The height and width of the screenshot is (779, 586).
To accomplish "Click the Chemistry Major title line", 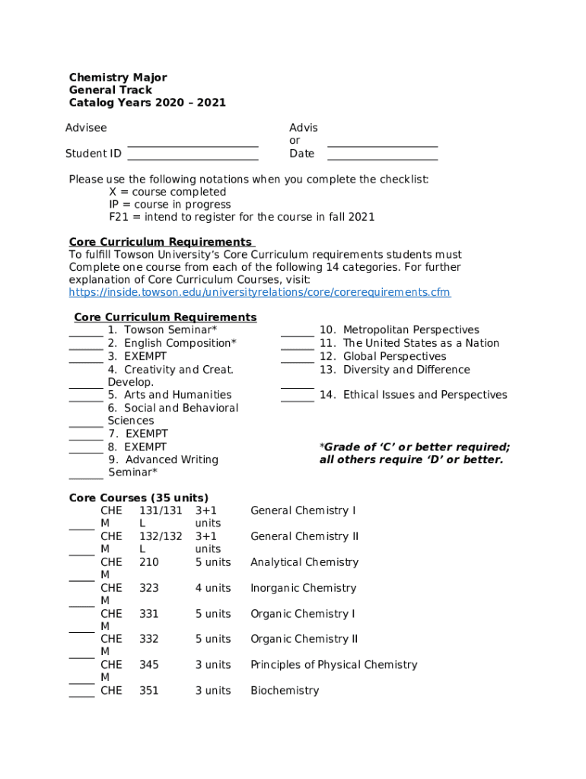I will click(118, 78).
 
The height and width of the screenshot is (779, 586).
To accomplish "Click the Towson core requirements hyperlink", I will click(260, 292).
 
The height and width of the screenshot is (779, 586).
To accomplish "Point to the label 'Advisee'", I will click(86, 128).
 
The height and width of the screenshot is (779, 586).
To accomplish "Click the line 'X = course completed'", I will click(167, 192).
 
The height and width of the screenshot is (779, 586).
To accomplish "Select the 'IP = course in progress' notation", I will click(170, 205).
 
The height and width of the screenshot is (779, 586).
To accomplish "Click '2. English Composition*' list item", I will click(172, 343).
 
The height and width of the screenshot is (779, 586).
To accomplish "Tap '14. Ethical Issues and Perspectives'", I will click(413, 395).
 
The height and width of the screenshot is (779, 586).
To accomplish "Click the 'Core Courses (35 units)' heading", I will click(139, 498).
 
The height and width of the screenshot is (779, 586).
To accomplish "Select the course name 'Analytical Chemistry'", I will click(304, 562).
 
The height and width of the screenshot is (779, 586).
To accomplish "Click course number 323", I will click(149, 588).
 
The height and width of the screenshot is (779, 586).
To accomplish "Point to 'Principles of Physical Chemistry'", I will click(334, 665).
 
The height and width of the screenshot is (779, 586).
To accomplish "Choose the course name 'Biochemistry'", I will click(285, 691).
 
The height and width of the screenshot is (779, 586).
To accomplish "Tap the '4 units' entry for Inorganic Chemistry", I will click(212, 588).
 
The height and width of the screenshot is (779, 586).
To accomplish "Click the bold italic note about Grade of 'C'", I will click(414, 453).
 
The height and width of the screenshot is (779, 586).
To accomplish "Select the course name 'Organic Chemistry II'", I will click(304, 639).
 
